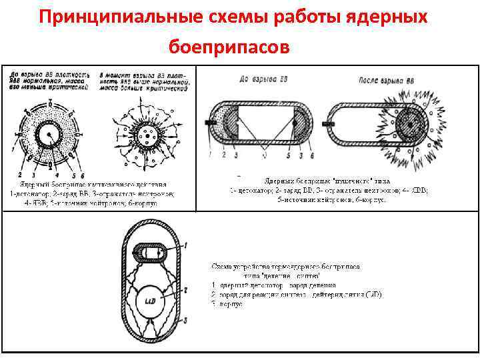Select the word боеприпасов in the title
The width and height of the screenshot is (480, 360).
(x=230, y=47)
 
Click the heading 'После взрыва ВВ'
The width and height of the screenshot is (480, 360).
(x=383, y=79)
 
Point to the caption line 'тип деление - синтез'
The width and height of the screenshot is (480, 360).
(x=283, y=275)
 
